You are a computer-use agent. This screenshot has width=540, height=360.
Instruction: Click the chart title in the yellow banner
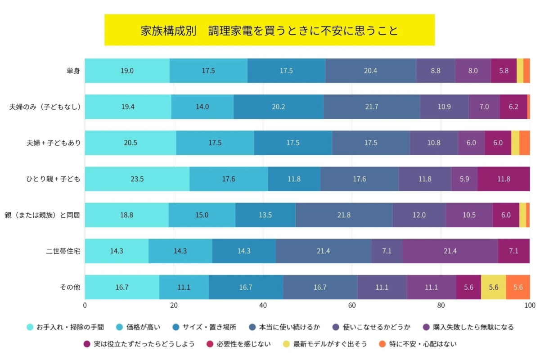269,31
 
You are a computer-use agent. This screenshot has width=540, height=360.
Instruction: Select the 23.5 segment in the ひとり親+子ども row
137,179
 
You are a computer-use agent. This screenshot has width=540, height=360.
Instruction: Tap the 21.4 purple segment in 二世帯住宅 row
450,251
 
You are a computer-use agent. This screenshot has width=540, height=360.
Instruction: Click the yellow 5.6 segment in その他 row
493,287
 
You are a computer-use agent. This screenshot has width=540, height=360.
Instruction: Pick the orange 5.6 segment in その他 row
518,287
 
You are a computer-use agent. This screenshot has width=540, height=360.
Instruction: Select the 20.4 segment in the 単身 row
370,71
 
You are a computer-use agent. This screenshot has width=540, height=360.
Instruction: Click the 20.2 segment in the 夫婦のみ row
279,107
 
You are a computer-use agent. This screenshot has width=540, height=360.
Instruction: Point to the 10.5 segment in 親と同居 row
469,215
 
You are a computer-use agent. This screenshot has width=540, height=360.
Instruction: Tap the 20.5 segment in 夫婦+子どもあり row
130,143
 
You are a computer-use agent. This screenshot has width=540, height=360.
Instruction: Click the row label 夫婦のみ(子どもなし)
45,107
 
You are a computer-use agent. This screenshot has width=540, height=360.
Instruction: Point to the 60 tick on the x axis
352,306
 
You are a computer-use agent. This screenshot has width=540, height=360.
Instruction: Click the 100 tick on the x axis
529,306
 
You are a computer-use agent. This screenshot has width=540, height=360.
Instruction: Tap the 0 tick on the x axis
85,306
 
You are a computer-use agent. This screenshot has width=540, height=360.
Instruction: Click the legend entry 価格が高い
139,327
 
